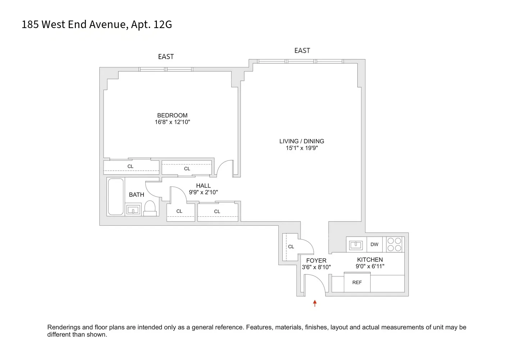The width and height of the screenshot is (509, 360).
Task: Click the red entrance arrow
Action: click(315, 303)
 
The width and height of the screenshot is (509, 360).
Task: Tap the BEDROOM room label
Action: click(172, 115)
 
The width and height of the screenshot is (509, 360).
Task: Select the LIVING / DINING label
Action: click(301, 141)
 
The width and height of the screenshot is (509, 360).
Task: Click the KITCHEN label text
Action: click(370, 260)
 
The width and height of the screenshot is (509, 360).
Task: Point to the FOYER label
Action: click(316, 260)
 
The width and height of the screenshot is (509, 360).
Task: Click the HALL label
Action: click(203, 186)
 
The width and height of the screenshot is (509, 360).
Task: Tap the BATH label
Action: click(136, 195)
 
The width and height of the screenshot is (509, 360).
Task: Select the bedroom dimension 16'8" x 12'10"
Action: click(172, 122)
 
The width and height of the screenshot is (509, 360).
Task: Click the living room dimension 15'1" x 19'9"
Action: click(301, 148)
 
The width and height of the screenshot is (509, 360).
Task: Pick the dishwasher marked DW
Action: click(374, 244)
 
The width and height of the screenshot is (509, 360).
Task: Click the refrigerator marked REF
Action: click(357, 283)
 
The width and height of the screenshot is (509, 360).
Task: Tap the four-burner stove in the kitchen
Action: click(394, 244)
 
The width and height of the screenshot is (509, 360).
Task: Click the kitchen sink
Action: click(356, 245)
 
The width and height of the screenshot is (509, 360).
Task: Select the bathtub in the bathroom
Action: click(116, 197)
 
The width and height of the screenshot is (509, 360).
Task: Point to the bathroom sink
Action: click(133, 210)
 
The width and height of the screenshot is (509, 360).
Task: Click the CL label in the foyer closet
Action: click(291, 247)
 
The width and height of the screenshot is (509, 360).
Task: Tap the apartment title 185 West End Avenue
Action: click(97, 24)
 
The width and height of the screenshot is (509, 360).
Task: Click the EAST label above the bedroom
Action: click(166, 57)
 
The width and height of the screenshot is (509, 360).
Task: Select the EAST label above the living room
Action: click(302, 50)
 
